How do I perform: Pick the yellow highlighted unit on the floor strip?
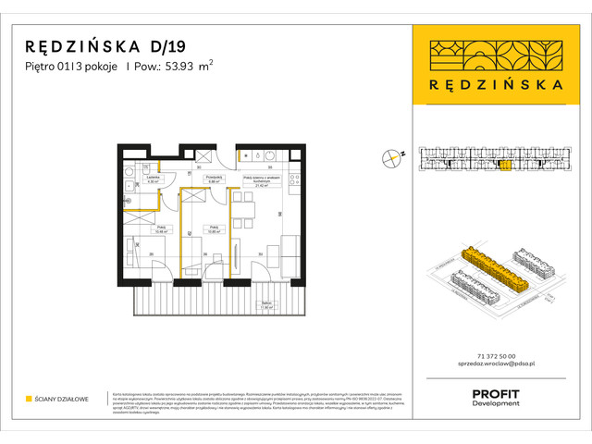505,166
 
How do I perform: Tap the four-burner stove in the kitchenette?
295,180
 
